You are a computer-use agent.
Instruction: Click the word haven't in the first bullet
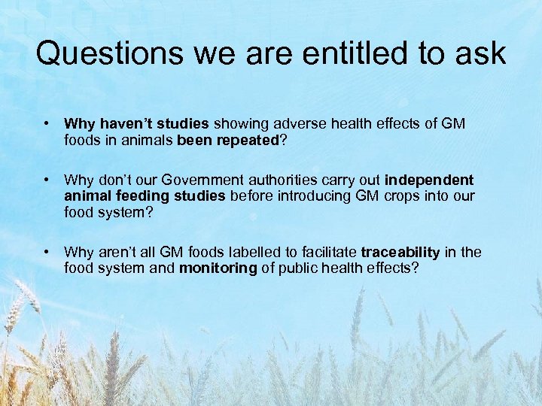[x=124, y=123]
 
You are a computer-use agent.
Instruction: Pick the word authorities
[x=290, y=180]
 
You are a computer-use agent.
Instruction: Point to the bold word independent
[x=429, y=180]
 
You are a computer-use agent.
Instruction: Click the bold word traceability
[x=398, y=253]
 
